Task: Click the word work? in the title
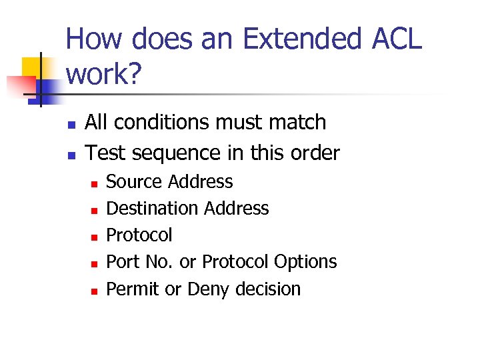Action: coord(104,75)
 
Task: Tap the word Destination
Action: coord(153,209)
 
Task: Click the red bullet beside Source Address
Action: coord(95,183)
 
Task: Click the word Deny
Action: coord(208,289)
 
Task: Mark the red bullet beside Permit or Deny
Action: coord(95,291)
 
